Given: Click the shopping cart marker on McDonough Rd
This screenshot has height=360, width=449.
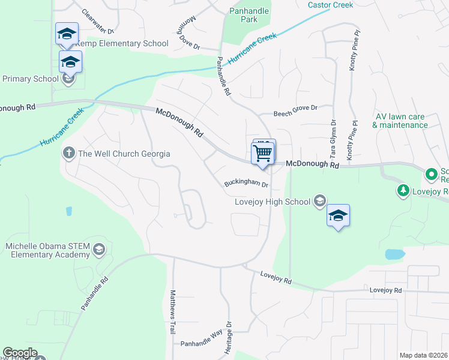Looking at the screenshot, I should coord(263,153).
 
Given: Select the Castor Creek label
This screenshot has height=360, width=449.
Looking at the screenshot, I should coord(330,5).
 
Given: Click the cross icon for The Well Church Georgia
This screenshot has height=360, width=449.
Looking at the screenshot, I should coord(69,154).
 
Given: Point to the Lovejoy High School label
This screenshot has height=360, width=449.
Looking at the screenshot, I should coord(272,202).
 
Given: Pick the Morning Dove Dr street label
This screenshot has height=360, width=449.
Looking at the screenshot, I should coord(188,35).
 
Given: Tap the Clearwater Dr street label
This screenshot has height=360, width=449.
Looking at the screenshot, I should coord(97,22).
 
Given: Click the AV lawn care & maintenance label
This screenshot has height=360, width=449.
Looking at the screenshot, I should coord(400,121).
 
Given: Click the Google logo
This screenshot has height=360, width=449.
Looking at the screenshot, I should coord(19,353).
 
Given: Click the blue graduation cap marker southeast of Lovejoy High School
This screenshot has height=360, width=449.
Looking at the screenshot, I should coord(338,217).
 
